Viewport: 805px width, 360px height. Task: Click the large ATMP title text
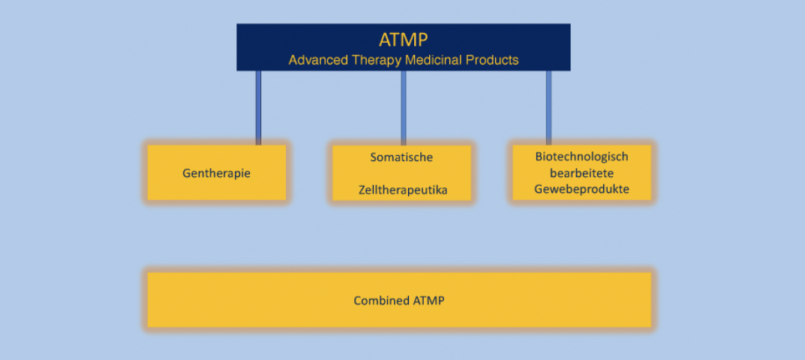(403, 40)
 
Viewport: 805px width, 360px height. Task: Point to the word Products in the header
(491, 60)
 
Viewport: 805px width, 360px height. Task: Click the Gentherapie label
(216, 173)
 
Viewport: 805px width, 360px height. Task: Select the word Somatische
(401, 157)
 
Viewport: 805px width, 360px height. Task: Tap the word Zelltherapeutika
(402, 190)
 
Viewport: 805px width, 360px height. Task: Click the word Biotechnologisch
(581, 157)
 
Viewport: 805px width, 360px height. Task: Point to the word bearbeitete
(581, 173)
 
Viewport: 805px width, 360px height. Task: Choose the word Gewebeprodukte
(581, 190)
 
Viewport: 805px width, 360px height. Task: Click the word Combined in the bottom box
(381, 301)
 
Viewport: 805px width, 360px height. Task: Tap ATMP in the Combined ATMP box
(428, 301)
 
